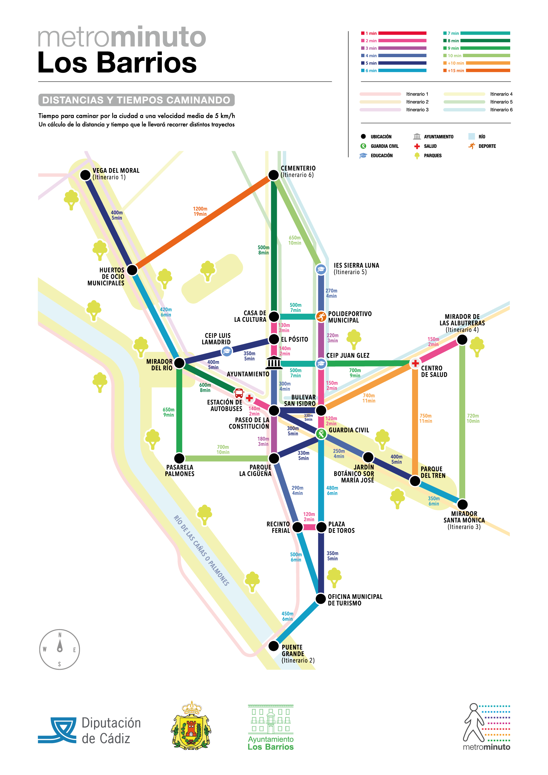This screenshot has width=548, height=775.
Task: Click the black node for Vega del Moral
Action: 85,175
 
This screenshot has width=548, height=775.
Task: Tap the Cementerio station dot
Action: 273,175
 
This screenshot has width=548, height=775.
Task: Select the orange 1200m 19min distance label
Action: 200,211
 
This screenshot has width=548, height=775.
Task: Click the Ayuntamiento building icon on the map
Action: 274,363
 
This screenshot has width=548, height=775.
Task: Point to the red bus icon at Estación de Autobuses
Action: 239,393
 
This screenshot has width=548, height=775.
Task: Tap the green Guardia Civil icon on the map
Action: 321,434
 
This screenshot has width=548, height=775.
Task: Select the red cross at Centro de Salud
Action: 415,364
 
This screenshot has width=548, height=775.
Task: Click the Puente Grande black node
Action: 273,646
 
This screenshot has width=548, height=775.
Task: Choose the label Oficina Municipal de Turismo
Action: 355,600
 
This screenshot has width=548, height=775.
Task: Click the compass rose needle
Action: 60,645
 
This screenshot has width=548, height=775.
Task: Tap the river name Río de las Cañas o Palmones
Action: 201,550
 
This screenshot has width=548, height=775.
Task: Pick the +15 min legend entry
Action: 476,71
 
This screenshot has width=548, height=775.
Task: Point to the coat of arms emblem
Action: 192,725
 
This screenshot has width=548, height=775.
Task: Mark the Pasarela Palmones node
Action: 179,458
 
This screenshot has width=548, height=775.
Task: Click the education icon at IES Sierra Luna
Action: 321,269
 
